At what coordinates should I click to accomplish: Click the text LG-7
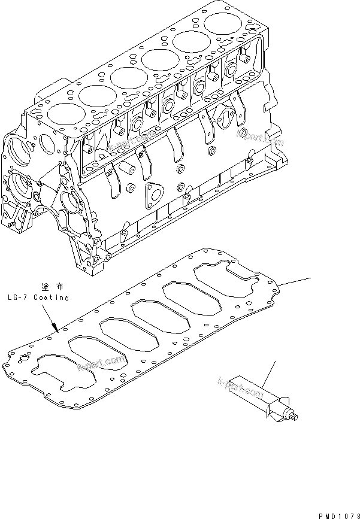click(19, 298)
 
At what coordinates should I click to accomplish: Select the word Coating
click(51, 298)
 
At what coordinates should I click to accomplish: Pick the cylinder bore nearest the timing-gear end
click(59, 114)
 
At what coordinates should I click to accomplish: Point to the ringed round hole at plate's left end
click(23, 361)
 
